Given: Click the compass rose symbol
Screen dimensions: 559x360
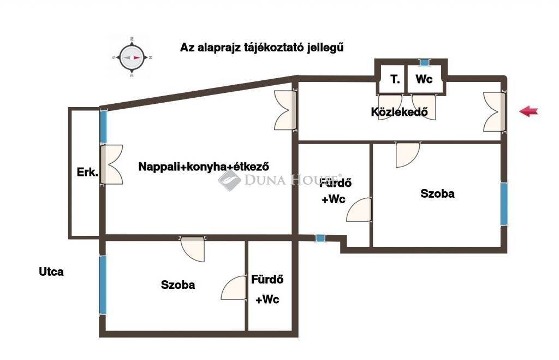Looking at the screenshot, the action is (132, 57).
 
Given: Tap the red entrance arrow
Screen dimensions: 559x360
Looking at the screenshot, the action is (528, 111).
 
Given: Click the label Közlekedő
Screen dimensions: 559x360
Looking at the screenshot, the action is (399, 111).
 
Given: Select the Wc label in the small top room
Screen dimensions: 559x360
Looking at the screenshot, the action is (424, 79).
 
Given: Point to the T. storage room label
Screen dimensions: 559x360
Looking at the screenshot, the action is (395, 79).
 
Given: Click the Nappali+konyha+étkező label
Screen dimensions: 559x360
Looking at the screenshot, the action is (204, 166).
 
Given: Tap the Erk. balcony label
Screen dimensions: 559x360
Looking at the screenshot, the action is (87, 172).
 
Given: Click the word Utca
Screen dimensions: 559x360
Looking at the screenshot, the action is (51, 272).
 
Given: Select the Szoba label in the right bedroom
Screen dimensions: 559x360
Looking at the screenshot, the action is (437, 193).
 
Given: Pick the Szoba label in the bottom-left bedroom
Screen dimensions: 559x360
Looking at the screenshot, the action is (178, 285).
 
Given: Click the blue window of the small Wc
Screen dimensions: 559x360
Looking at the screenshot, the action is (424, 62).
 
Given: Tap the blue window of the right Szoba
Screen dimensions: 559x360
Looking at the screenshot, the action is (504, 204).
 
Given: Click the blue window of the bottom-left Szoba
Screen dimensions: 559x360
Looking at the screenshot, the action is (103, 285).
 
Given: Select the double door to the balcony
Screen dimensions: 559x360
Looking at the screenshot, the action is (111, 164).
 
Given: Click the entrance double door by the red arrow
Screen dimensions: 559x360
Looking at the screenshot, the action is (494, 111).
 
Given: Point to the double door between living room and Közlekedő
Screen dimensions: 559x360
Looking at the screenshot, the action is (285, 110).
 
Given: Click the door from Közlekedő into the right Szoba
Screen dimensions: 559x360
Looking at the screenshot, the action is (408, 155).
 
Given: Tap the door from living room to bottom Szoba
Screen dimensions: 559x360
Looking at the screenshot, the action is (193, 249).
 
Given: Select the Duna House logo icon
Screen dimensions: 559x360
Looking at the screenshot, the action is (229, 180).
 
